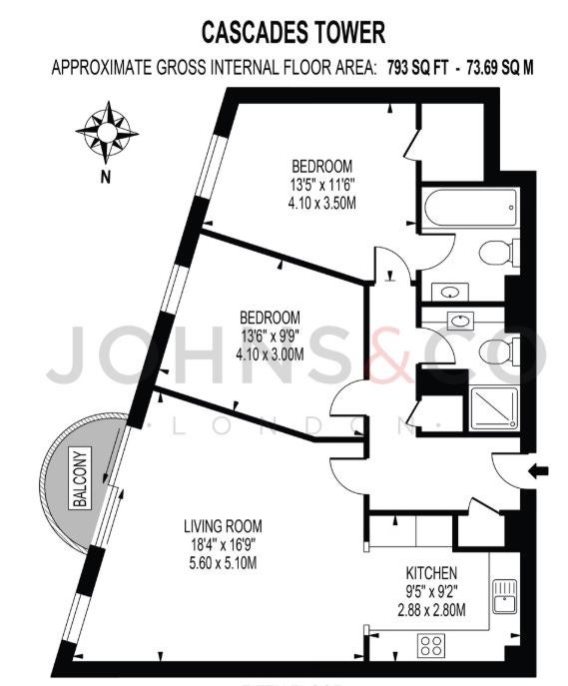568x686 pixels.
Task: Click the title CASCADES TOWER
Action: [293, 32]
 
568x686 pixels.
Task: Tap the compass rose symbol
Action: [107, 131]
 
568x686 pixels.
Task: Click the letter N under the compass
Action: [106, 178]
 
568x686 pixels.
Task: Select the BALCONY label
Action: [81, 478]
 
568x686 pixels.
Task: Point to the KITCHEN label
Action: [431, 573]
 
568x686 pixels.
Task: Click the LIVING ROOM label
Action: [223, 525]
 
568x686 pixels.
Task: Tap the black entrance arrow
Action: [538, 470]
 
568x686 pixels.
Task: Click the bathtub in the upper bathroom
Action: [471, 207]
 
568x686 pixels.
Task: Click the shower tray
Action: [494, 407]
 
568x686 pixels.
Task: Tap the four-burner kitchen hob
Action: [431, 645]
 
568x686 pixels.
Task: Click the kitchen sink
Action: [505, 596]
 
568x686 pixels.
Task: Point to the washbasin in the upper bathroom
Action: [450, 292]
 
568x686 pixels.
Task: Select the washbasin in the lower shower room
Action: [461, 321]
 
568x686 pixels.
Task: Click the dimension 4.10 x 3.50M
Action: [321, 204]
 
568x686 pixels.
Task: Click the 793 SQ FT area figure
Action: [417, 68]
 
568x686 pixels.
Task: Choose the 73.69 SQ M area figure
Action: [500, 68]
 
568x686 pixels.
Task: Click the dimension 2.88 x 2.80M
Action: [431, 609]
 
